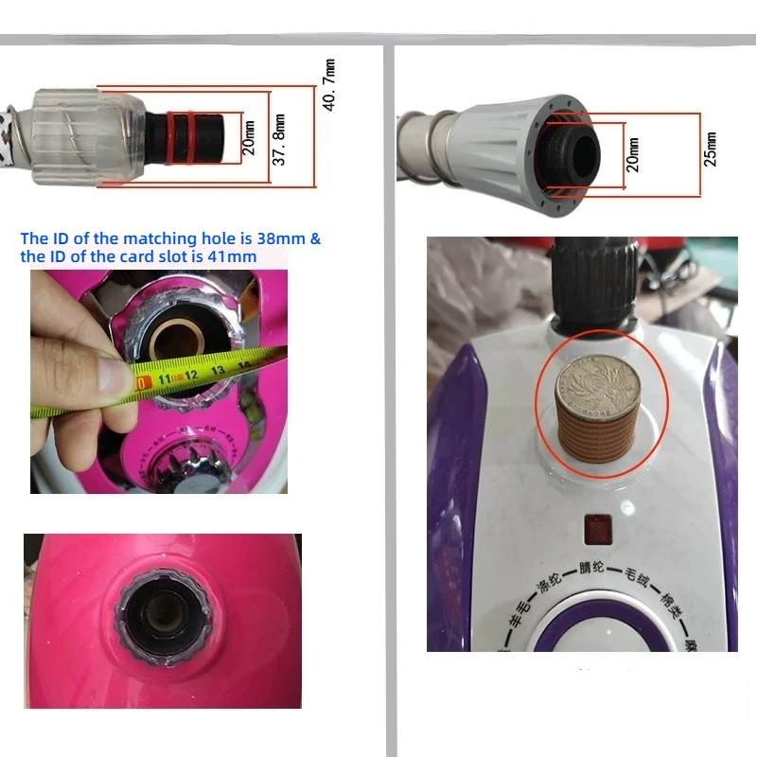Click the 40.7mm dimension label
329,85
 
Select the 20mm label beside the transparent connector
249,138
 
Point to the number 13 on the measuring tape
219,369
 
